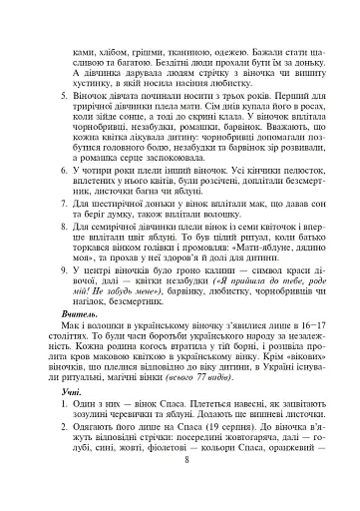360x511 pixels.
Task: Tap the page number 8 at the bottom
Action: [x=185, y=499]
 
